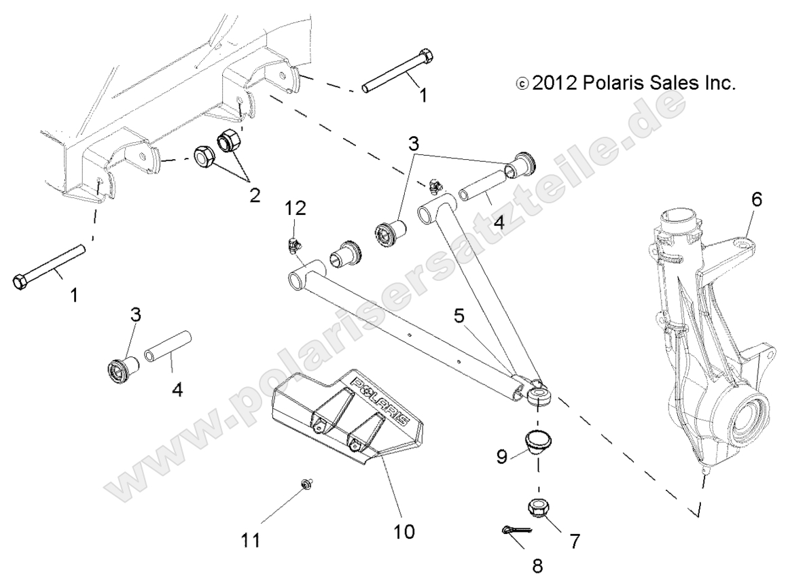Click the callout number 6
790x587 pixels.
pyautogui.click(x=756, y=200)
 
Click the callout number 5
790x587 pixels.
pyautogui.click(x=460, y=297)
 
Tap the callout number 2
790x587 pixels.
pyautogui.click(x=254, y=195)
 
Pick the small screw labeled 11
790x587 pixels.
pyautogui.click(x=306, y=484)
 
